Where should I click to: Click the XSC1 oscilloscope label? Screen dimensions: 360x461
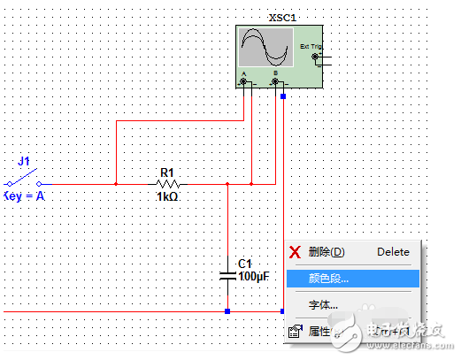[281, 18]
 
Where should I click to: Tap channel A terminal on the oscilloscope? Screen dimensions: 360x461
[243, 82]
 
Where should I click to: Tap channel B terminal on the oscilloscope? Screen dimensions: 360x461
[275, 82]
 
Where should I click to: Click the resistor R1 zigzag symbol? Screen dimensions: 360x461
[168, 184]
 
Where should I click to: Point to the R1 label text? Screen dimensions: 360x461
[168, 172]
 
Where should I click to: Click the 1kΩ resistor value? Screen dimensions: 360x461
[168, 197]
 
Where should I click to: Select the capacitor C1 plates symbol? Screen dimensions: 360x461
[228, 276]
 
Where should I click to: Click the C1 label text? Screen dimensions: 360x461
[246, 264]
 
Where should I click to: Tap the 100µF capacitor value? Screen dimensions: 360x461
[252, 277]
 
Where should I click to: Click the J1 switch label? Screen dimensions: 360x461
[24, 162]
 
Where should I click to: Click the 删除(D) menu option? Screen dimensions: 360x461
[326, 252]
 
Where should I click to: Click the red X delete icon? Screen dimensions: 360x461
[296, 252]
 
